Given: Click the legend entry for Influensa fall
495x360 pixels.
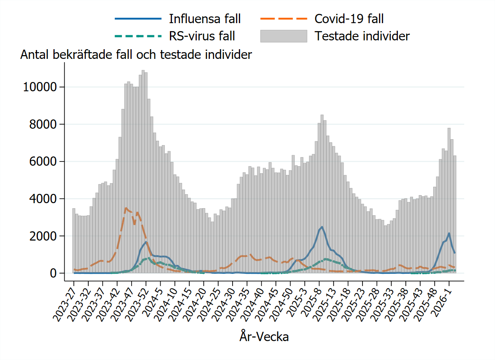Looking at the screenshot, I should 204,19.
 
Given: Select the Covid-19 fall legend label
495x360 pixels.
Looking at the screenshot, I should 349,19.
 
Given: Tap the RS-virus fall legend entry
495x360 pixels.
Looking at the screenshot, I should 201,36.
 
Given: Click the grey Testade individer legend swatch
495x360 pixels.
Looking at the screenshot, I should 283,36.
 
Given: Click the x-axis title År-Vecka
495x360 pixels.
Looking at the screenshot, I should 264,337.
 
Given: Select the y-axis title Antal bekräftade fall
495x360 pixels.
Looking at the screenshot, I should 136,55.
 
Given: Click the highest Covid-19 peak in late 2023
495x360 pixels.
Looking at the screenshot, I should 126,208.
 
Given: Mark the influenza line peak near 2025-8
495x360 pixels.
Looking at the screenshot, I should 322,227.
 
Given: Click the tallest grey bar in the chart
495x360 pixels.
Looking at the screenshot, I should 143,71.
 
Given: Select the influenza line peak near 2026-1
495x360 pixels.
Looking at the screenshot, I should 449,233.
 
